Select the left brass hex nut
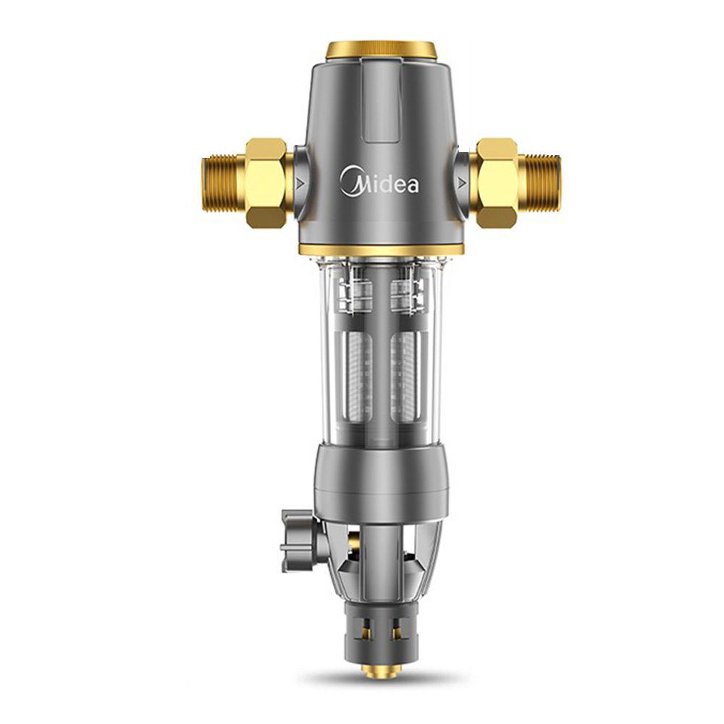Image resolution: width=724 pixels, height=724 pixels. coord(267,182)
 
